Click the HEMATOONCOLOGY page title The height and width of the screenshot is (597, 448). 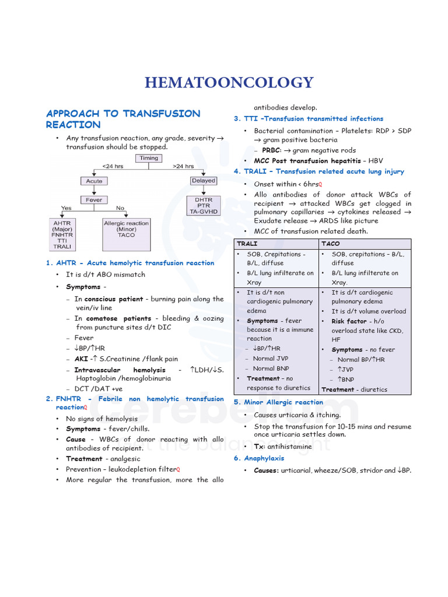229,83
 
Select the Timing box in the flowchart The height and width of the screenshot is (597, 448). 149,158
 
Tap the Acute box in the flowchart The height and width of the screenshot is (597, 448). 94,181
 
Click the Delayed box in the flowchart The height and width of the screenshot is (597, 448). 203,181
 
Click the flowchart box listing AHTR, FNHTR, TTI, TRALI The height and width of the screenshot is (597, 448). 62,234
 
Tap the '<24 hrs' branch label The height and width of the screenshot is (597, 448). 113,166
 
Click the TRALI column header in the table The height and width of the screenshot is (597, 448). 247,243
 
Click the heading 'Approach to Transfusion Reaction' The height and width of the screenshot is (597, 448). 123,119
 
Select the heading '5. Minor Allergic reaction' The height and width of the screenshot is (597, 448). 278,402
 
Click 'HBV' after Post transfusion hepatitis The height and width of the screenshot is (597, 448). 375,160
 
